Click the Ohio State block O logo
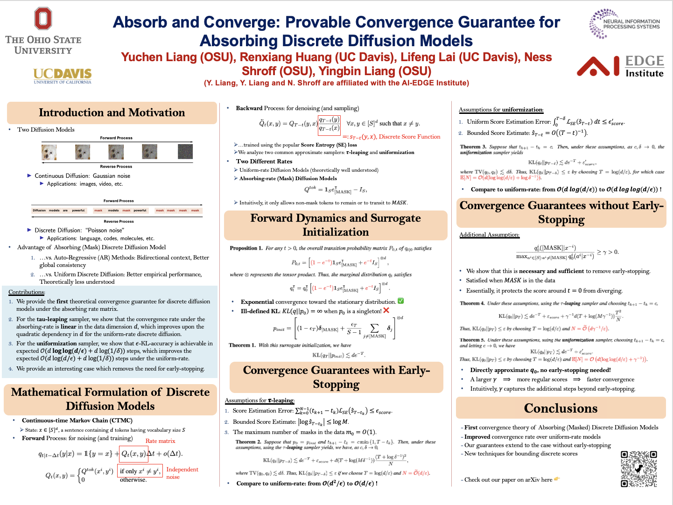click(43, 19)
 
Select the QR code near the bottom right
click(638, 469)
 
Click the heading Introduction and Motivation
click(112, 112)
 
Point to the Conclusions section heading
click(561, 408)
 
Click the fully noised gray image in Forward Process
click(185, 152)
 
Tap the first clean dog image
click(49, 152)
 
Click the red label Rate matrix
click(160, 441)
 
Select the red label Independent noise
click(182, 473)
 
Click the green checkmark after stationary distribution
click(400, 301)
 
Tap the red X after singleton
click(386, 310)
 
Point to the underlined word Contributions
click(27, 292)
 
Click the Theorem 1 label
click(242, 345)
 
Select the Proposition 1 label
click(246, 248)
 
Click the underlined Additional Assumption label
click(489, 235)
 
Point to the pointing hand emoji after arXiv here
click(557, 479)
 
